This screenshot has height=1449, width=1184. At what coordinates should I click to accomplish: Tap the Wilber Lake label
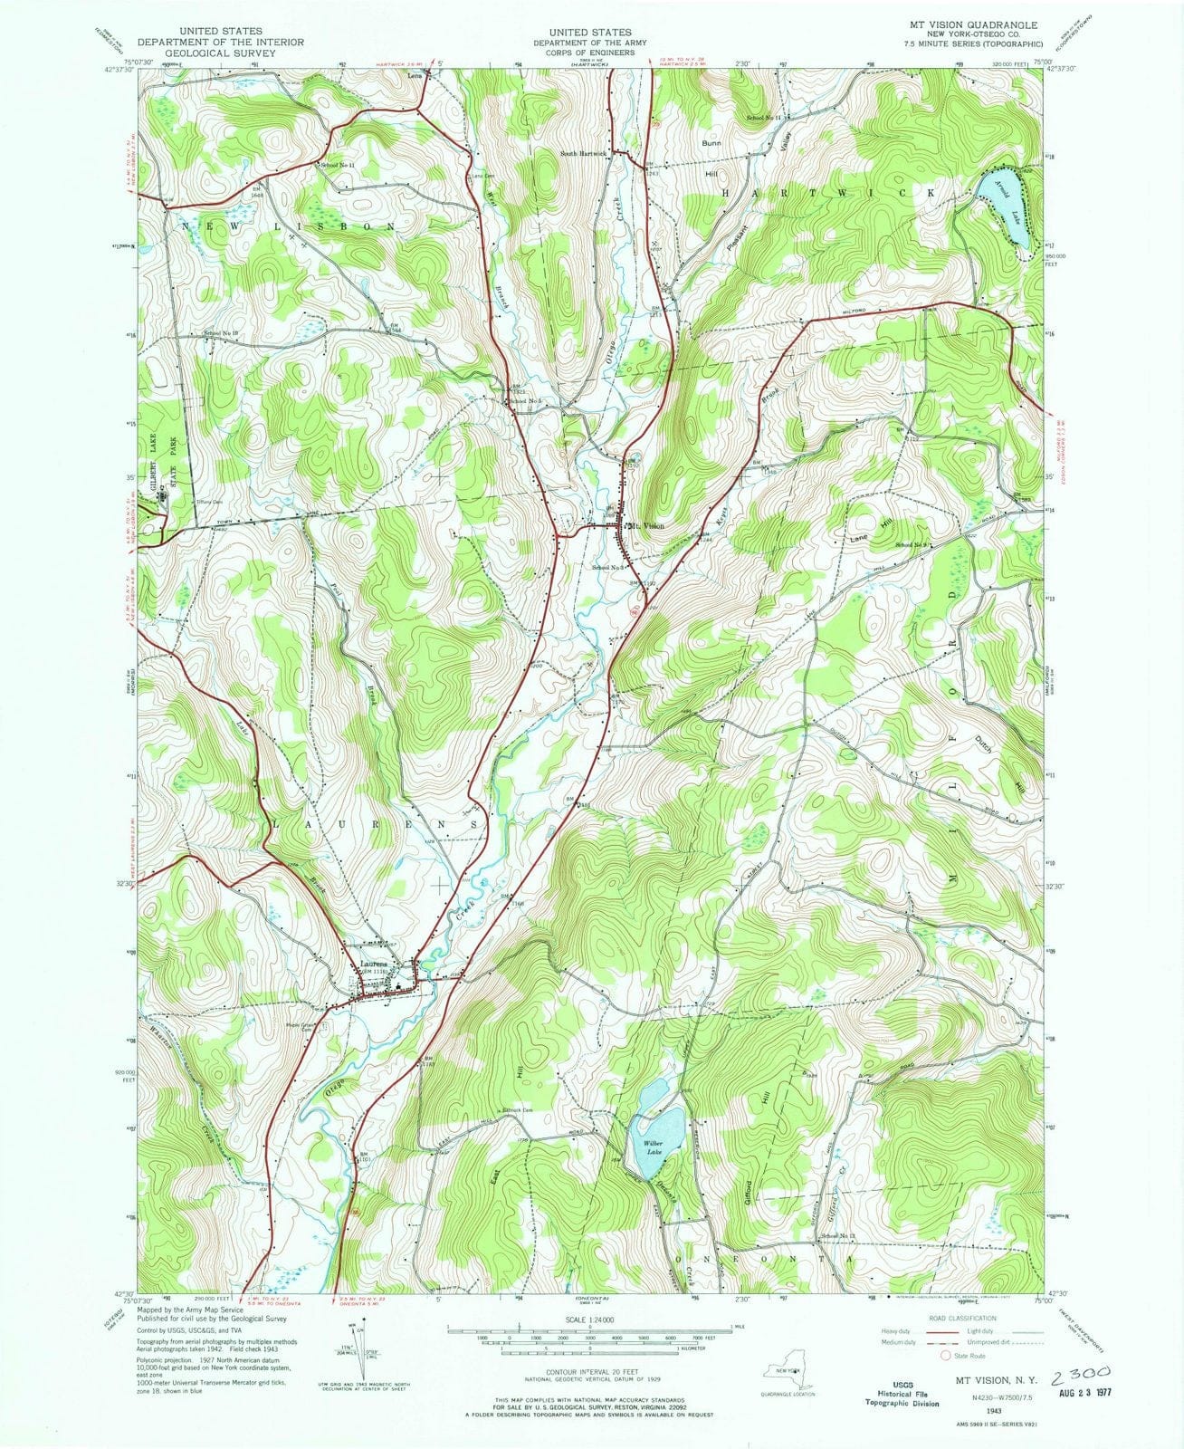(654, 1147)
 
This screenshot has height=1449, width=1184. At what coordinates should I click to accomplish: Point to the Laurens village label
(373, 963)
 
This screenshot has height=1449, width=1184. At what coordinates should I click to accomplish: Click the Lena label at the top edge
(415, 76)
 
